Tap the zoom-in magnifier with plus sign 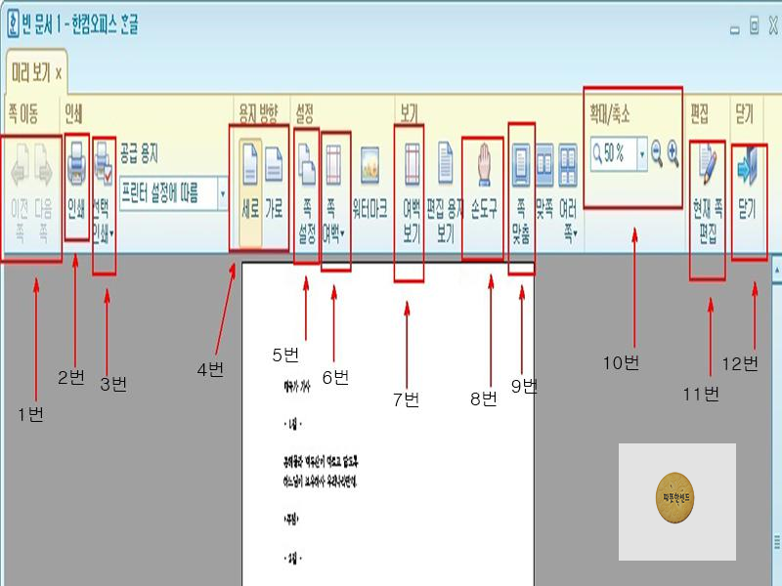(673, 152)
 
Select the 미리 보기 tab (35, 72)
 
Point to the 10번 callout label (621, 363)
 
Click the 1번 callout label (31, 414)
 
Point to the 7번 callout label (406, 399)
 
